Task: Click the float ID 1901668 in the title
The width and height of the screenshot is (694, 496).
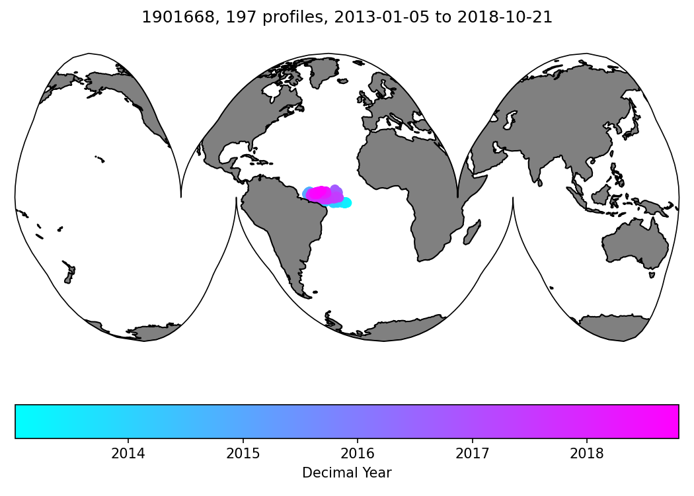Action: coord(170,18)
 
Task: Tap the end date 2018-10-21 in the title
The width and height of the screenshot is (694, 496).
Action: coord(514,18)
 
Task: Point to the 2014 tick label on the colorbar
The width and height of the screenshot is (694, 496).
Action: coord(128,454)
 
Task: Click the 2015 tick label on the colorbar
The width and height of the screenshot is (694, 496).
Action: coord(243,454)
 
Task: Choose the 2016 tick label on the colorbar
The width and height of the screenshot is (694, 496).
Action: coord(358,454)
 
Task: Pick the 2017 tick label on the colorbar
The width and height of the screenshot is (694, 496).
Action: coord(472,454)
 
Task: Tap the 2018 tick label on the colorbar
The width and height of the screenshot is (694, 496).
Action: coord(587,454)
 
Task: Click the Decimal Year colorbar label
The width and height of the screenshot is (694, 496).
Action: coord(347,473)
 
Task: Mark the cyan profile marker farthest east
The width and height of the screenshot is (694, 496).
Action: coord(346,202)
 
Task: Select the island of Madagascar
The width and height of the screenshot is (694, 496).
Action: coord(472,233)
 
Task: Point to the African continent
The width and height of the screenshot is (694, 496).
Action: coord(403,172)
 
